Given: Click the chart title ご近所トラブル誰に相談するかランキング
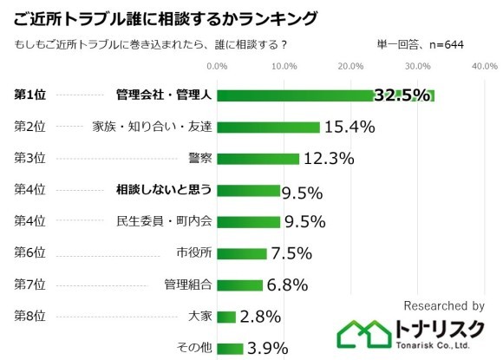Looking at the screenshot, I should pyautogui.click(x=165, y=17).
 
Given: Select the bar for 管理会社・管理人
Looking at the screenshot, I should pyautogui.click(x=295, y=95).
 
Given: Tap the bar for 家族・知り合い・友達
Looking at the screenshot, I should pyautogui.click(x=267, y=127).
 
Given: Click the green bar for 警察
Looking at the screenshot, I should pyautogui.click(x=257, y=158).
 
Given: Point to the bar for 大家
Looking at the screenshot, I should pyautogui.click(x=225, y=317).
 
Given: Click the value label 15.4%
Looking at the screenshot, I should pyautogui.click(x=349, y=127).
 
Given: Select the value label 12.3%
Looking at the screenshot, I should pyautogui.click(x=329, y=159).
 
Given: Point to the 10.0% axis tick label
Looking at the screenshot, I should pyautogui.click(x=283, y=66).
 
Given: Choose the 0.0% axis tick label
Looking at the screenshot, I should pyautogui.click(x=217, y=66).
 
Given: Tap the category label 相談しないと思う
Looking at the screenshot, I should pyautogui.click(x=164, y=190).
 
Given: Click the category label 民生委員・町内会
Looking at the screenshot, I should pyautogui.click(x=164, y=221).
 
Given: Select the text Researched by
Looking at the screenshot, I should pyautogui.click(x=443, y=305).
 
